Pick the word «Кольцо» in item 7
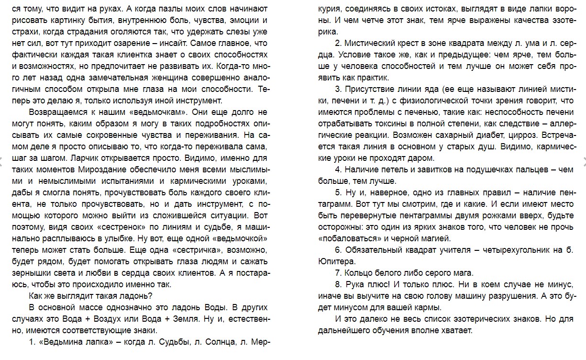tap(358, 273)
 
